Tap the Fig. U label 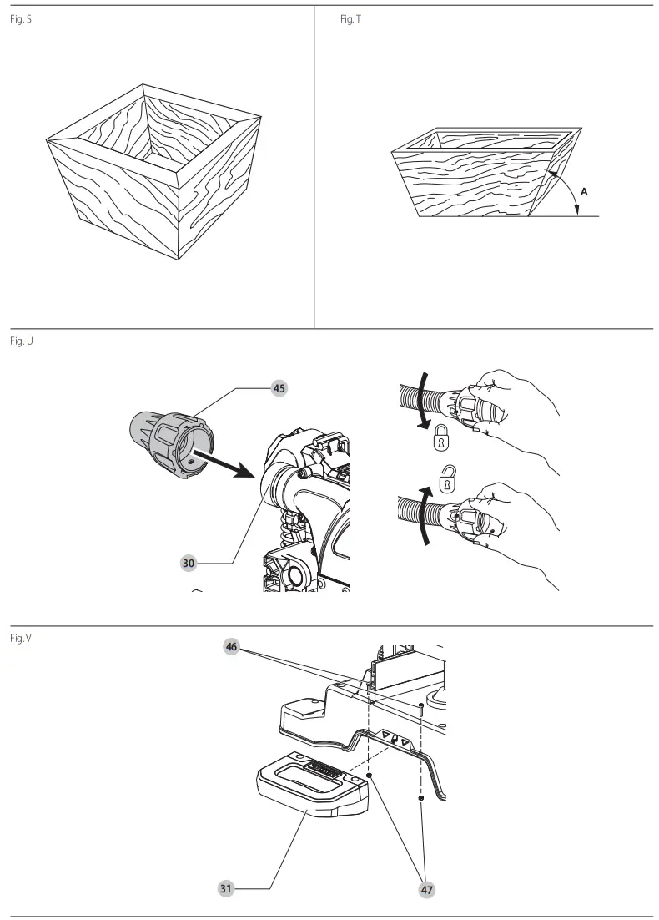21,341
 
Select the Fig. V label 21,639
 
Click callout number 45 279,387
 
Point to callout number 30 189,564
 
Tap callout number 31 226,889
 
